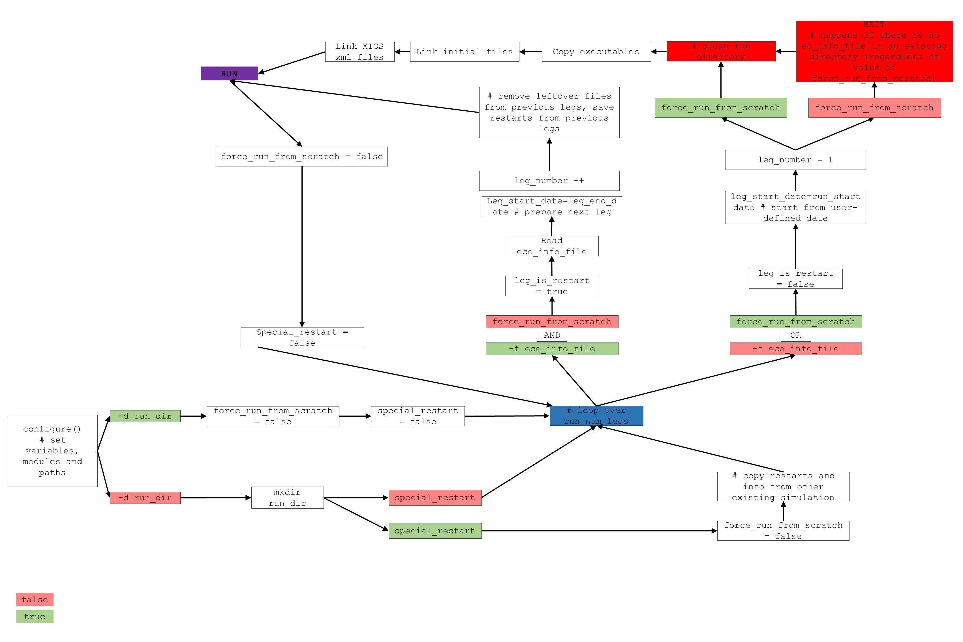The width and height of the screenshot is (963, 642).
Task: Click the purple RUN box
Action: click(229, 74)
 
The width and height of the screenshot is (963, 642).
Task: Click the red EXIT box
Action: click(874, 51)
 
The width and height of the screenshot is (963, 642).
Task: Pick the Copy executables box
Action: click(596, 52)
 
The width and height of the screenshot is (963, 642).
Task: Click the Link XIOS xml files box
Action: click(359, 52)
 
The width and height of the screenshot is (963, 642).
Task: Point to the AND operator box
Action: click(552, 335)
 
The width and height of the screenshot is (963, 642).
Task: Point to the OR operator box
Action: click(795, 335)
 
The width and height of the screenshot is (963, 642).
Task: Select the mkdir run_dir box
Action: click(287, 497)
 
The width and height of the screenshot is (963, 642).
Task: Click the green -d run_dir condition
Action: click(145, 416)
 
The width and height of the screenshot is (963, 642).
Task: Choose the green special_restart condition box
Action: click(435, 531)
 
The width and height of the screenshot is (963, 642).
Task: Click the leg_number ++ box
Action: click(549, 181)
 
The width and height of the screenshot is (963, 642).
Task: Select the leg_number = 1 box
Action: click(795, 160)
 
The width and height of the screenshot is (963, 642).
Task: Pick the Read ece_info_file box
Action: click(551, 246)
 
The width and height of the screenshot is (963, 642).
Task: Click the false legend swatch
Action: click(35, 600)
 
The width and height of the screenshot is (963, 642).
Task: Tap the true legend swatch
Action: click(35, 616)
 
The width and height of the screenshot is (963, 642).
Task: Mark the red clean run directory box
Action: click(721, 52)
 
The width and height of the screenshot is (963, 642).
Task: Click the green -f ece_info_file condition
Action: click(552, 349)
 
